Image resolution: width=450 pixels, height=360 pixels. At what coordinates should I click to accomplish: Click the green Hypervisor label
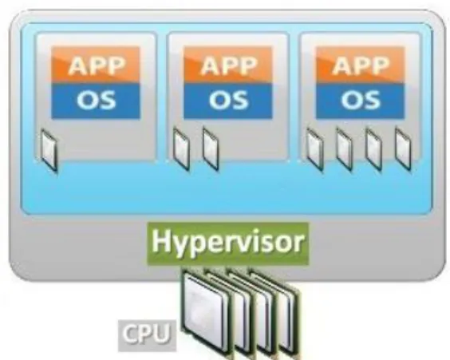click(x=228, y=243)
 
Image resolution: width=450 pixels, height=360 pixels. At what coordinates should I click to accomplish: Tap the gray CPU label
click(x=147, y=335)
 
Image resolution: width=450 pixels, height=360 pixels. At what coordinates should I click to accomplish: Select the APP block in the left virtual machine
click(x=96, y=65)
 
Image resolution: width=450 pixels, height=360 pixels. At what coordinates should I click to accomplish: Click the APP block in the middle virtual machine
click(x=228, y=65)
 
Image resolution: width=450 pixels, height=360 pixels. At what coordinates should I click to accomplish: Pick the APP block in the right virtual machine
click(x=360, y=65)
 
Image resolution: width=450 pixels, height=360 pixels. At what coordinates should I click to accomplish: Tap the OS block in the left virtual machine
click(x=96, y=101)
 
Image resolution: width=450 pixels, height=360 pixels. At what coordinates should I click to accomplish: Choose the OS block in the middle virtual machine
click(x=228, y=101)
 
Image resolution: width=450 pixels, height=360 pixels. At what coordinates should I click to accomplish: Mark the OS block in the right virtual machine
click(x=360, y=101)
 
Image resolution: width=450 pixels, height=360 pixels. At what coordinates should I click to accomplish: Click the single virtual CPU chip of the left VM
click(x=49, y=151)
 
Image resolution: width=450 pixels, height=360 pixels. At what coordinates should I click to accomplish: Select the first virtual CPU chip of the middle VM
click(x=181, y=149)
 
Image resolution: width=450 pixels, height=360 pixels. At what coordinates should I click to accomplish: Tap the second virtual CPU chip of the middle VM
click(x=211, y=149)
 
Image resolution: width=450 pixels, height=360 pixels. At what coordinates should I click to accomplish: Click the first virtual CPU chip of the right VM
click(x=315, y=149)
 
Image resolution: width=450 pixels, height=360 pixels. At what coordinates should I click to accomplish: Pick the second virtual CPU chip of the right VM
click(x=344, y=149)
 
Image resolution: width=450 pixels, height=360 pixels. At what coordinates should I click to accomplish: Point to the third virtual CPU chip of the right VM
click(x=373, y=149)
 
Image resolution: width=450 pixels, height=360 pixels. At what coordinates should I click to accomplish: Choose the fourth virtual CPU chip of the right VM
click(x=403, y=149)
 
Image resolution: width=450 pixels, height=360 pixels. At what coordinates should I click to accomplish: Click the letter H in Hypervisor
click(x=160, y=240)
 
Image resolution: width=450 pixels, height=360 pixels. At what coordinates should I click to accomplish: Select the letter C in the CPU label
click(x=130, y=334)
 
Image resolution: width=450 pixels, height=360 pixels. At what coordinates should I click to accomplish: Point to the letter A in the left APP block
click(x=78, y=65)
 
